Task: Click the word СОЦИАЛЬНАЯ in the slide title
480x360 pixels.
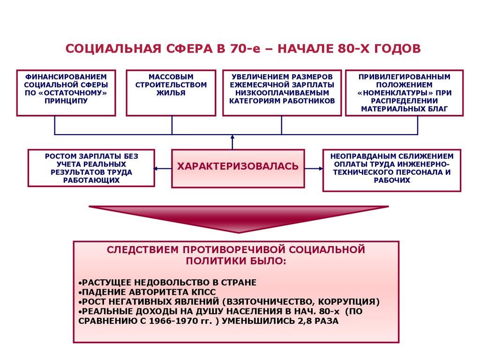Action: coord(113,49)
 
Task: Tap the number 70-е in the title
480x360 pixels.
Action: coord(244,49)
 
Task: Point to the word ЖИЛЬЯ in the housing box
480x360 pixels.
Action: coord(171,93)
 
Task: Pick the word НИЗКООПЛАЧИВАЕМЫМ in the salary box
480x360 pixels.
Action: coord(282,93)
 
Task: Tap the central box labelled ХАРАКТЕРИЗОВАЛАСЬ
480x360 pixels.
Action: coord(238,168)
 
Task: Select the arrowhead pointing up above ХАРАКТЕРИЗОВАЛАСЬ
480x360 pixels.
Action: coord(232,137)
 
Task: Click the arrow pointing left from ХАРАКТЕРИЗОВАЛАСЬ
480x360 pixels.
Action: coord(162,168)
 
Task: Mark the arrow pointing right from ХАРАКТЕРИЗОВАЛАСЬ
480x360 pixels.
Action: coord(314,168)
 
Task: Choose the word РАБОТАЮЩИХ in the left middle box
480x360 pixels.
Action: coord(91,180)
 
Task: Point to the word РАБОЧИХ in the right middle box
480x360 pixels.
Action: coord(392,180)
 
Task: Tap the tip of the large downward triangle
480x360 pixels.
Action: coord(239,232)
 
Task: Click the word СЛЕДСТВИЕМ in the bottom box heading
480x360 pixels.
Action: coord(142,249)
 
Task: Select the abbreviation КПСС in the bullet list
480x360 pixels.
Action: coord(204,292)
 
